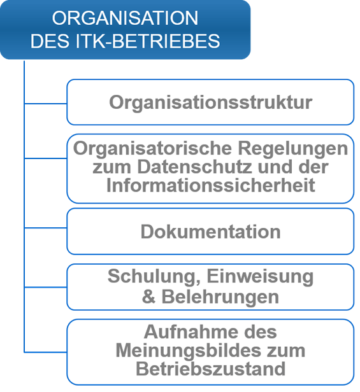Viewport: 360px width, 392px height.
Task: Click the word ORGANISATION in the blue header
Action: [125, 18]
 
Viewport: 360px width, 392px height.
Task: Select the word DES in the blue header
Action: [50, 41]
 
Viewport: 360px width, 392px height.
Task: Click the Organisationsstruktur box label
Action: [210, 102]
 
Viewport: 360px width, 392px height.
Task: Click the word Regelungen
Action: [293, 149]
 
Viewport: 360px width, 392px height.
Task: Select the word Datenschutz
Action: [194, 167]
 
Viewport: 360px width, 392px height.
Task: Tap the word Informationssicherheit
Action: [210, 185]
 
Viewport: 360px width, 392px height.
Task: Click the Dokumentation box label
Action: [210, 232]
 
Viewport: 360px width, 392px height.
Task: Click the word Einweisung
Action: [260, 277]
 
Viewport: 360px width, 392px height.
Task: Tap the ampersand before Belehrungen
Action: [148, 297]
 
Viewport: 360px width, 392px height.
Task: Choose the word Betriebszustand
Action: [210, 368]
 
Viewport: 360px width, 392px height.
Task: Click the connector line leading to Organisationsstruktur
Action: [46, 103]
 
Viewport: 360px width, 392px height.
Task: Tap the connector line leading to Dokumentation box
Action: [46, 228]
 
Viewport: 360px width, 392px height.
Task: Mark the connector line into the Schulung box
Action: [46, 287]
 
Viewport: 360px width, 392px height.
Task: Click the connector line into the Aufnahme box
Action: [46, 353]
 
